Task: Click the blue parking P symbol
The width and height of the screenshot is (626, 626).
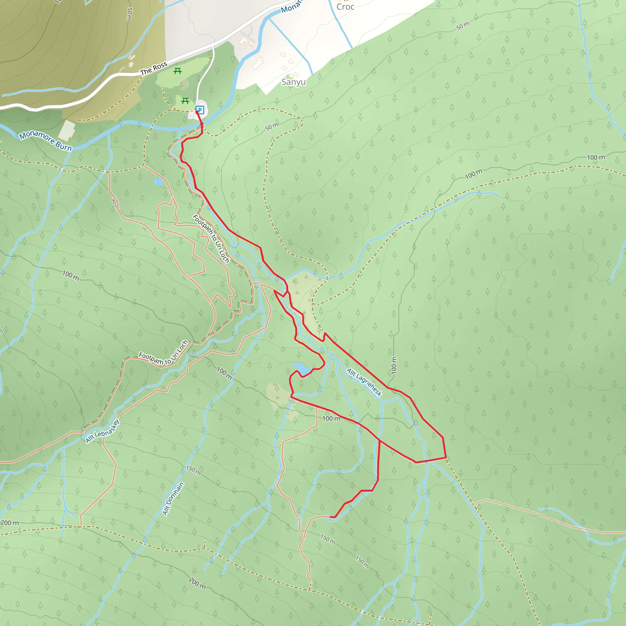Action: [x=200, y=110]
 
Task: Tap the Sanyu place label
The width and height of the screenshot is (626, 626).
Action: [x=293, y=82]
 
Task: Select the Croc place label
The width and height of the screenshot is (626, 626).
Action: [x=345, y=6]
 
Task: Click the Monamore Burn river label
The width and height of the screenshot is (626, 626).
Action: [x=45, y=141]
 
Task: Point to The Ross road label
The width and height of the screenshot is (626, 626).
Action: [x=153, y=68]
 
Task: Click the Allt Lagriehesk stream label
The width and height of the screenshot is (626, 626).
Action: [x=364, y=382]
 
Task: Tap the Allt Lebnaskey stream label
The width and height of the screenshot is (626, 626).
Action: [x=102, y=431]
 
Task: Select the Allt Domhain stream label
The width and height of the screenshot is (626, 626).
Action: [x=173, y=498]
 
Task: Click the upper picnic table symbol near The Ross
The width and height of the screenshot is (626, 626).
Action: [x=178, y=71]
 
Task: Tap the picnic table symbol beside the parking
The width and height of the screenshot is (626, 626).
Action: [x=185, y=101]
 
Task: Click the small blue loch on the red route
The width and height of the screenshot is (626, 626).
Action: [x=301, y=368]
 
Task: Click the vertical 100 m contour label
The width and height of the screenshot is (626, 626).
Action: [x=394, y=365]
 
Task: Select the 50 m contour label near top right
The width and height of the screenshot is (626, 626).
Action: [x=463, y=26]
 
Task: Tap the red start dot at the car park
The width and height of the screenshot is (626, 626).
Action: [x=197, y=112]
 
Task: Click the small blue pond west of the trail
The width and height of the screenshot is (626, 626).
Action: [x=158, y=182]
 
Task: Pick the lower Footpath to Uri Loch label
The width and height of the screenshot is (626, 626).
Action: [x=163, y=352]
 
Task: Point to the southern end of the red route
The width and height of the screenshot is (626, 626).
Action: [x=330, y=517]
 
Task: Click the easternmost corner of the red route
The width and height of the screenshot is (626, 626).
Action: [x=446, y=458]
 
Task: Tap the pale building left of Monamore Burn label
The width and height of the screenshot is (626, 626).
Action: [x=67, y=130]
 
